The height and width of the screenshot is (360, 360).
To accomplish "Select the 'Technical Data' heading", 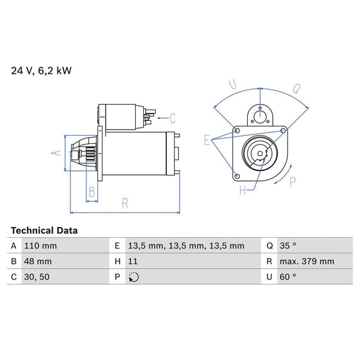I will pos(44,230).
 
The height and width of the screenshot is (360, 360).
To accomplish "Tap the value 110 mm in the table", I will pos(40,246).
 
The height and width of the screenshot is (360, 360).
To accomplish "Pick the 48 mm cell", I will pos(37,261).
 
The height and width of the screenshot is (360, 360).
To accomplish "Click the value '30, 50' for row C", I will pos(36,277).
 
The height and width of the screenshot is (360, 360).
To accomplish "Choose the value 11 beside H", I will pos(132,261).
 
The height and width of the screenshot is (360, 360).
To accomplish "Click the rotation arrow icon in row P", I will pos(133,277).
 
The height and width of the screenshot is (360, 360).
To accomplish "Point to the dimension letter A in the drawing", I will pos(57,153).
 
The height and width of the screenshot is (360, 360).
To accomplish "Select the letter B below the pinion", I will pos(92,192).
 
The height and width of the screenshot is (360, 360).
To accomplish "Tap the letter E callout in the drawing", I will pos(207,140).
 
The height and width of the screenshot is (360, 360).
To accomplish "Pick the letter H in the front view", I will pos(242,191).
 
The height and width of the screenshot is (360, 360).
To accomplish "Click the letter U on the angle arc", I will pos(232,85).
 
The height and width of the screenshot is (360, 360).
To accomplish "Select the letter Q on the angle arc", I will pos(296,86).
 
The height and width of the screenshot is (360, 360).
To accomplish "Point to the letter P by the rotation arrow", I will pos(292,181).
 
